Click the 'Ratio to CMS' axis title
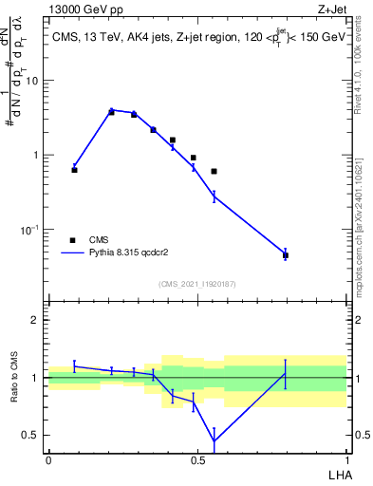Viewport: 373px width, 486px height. click(x=15, y=378)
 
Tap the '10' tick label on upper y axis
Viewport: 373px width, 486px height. click(x=31, y=81)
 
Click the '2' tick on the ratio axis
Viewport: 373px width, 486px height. click(x=35, y=320)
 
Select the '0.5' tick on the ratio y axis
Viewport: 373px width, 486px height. click(x=30, y=436)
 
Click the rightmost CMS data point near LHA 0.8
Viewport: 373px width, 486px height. click(x=285, y=255)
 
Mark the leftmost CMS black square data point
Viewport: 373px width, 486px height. click(x=74, y=170)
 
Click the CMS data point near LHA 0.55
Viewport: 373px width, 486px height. click(x=214, y=171)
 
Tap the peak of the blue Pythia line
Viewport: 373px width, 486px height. click(x=111, y=110)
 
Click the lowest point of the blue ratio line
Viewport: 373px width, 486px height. click(x=214, y=440)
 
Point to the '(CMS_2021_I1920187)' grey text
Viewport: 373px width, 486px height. click(x=196, y=283)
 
